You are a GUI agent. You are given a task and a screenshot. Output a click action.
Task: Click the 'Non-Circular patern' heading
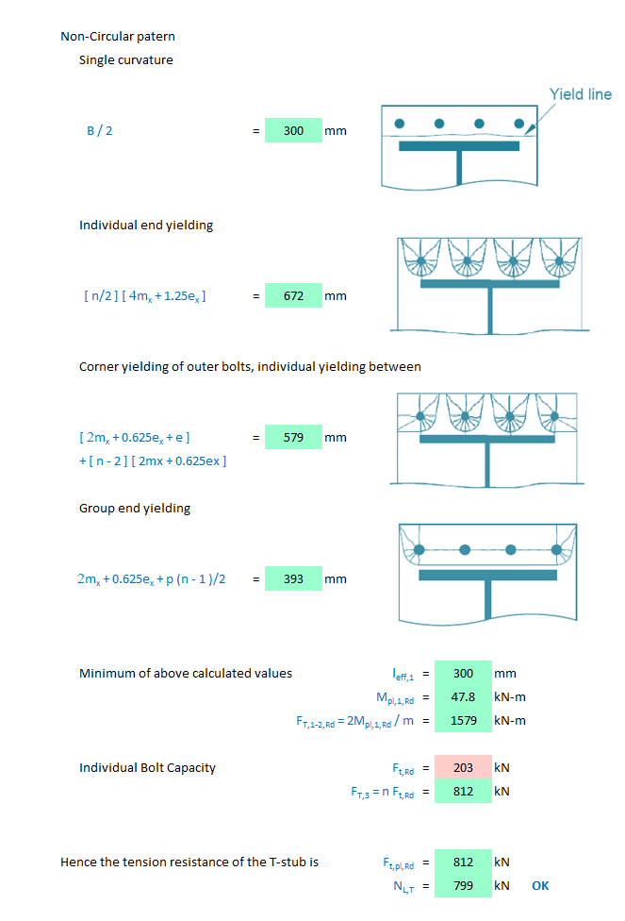[x=118, y=37]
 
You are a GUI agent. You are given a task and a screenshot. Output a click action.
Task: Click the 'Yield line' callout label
[x=580, y=94]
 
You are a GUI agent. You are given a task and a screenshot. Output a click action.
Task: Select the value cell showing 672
[x=293, y=295]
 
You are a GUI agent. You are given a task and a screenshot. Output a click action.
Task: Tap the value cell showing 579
[x=293, y=437]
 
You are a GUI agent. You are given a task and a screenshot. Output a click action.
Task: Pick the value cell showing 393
[x=293, y=578]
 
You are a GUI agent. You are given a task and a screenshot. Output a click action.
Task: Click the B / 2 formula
[x=99, y=130]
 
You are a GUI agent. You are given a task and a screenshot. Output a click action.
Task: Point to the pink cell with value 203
[x=463, y=767]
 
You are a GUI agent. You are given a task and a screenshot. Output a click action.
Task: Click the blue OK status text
[x=540, y=885]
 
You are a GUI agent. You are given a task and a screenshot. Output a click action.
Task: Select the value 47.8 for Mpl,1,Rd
[x=463, y=696]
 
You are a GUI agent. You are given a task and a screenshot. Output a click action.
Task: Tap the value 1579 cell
[x=463, y=720]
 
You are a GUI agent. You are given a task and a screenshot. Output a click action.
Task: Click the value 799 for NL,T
[x=463, y=885]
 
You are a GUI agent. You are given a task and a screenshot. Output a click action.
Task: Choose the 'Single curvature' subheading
[x=125, y=60]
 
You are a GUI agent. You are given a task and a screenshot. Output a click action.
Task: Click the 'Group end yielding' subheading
[x=134, y=508]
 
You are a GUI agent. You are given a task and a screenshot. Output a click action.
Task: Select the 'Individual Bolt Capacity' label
[x=147, y=767]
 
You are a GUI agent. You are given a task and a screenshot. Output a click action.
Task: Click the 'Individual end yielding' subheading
[x=145, y=225]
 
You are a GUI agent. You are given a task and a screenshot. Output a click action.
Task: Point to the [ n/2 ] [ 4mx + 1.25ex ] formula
[x=145, y=295]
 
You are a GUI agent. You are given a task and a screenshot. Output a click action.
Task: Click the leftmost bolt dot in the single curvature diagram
[x=400, y=124]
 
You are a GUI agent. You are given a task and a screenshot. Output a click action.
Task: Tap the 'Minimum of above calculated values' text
[x=185, y=673]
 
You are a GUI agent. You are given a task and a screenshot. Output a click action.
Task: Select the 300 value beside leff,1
[x=463, y=673]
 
